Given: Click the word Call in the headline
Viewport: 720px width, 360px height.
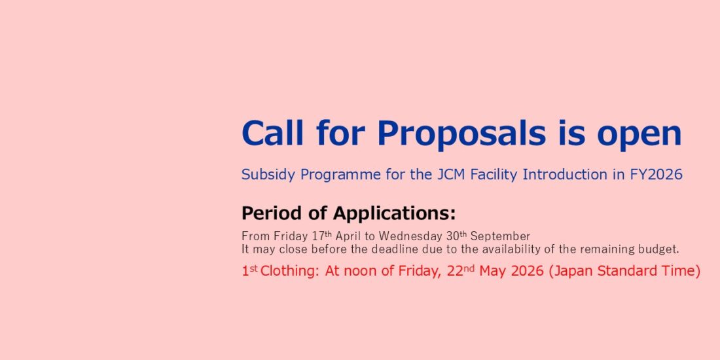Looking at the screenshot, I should pos(273,133).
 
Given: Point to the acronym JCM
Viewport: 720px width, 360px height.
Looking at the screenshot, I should pos(450,175).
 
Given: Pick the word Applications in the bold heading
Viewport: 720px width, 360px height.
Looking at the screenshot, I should pos(393,213).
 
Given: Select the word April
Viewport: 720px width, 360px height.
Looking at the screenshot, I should pos(348,236).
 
